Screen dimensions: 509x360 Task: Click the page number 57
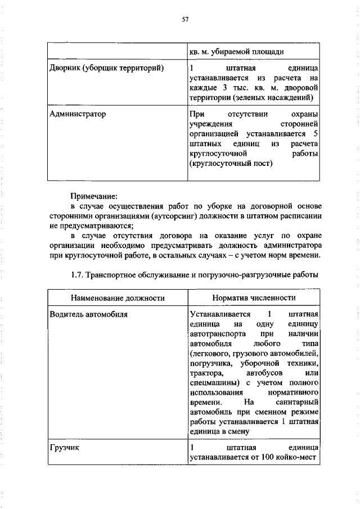pyautogui.click(x=184, y=19)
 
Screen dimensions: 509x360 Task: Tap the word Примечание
pyautogui.click(x=93, y=196)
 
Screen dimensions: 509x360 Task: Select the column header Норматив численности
pyautogui.click(x=254, y=297)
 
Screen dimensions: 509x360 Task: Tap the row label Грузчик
pyautogui.click(x=59, y=447)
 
